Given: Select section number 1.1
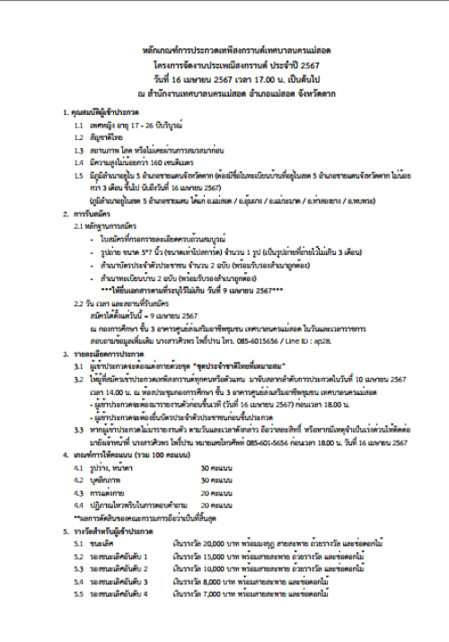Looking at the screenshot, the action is tap(79, 126).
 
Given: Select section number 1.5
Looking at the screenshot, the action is tap(79, 176).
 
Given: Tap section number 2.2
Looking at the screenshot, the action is tap(81, 303).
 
